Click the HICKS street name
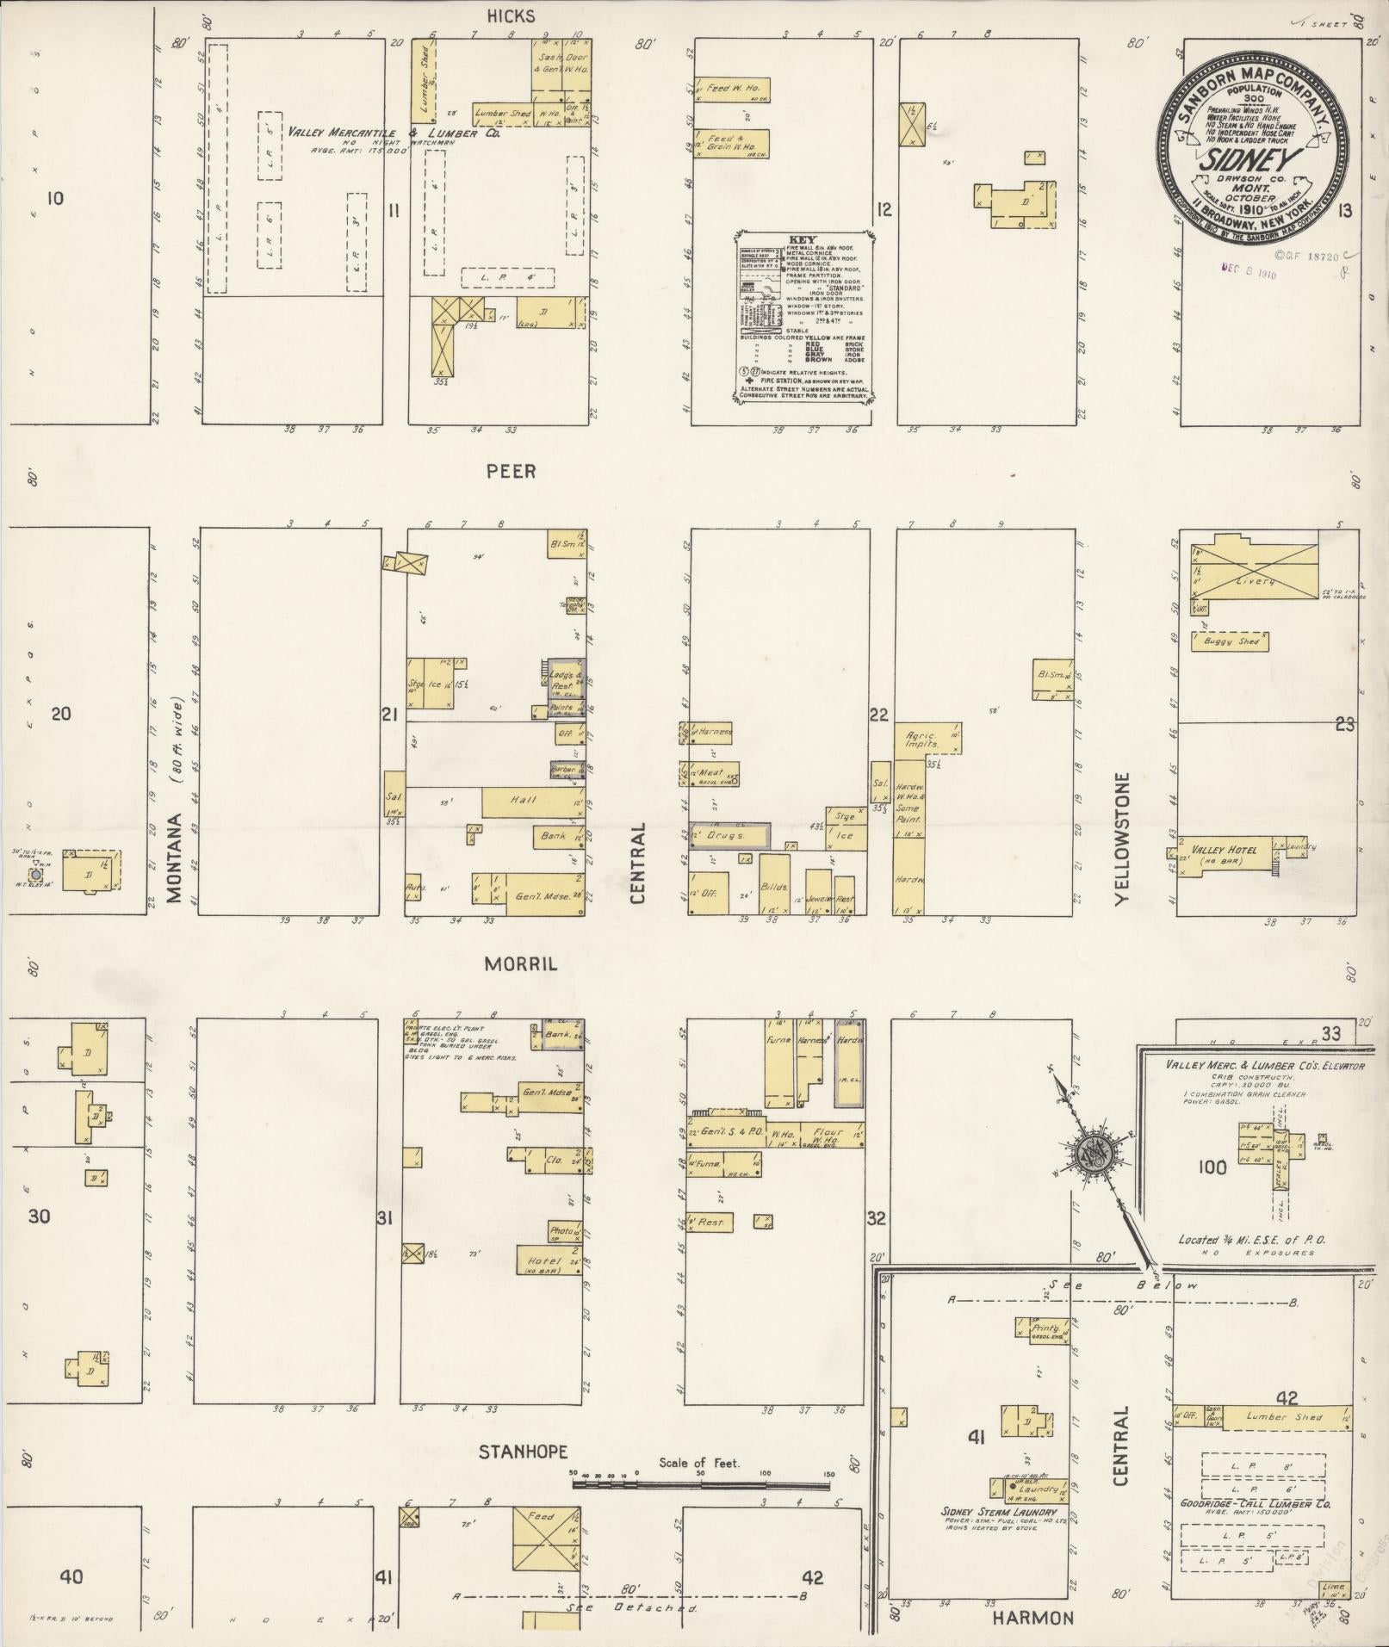click(x=511, y=15)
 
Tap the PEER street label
click(x=511, y=471)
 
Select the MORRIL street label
click(x=520, y=964)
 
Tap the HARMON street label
click(x=1032, y=1618)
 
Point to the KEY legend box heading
click(x=803, y=239)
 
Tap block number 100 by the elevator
click(x=1211, y=1167)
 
